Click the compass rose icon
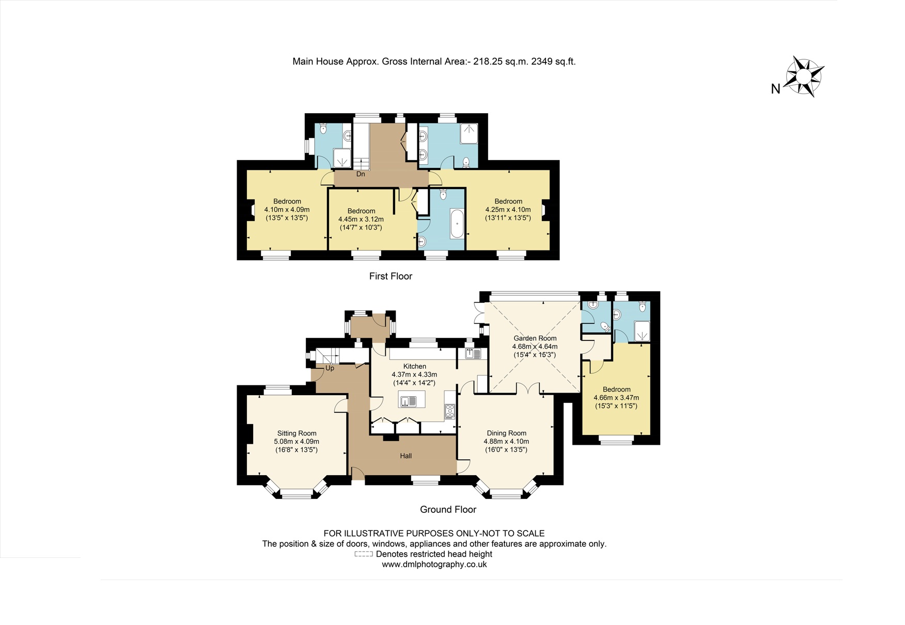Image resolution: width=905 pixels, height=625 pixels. pos(804,76)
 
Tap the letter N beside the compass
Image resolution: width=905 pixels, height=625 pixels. pos(775,89)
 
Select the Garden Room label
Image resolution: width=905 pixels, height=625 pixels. pos(535,338)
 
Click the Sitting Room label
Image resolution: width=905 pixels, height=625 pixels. pos(297,433)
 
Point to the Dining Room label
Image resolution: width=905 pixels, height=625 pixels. pos(506,433)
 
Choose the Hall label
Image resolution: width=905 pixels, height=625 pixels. pos(405,456)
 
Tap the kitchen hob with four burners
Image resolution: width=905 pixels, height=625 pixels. pos(450,411)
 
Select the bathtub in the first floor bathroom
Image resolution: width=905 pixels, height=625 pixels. pos(457,224)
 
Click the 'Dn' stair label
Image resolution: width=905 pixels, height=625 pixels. pos(361,174)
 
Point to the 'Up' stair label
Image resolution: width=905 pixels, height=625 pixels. pos(330,368)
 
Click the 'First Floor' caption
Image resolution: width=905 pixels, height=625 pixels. pos(391,276)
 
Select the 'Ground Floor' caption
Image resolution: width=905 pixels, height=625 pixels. pos(448,509)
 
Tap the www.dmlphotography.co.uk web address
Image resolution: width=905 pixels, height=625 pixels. pos(434,565)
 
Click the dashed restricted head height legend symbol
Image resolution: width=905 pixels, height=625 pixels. pos(364,554)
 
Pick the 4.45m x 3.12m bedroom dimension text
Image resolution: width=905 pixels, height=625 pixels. pos(361,219)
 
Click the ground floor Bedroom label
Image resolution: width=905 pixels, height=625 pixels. pos(616,389)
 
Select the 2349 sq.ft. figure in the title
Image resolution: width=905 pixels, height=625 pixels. pos(553,61)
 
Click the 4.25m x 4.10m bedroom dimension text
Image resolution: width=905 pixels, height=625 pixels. pos(508,210)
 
